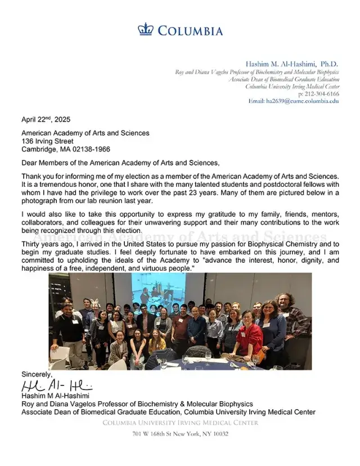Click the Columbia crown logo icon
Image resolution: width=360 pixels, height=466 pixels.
[145, 29]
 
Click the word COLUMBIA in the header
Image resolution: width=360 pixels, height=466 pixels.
[190, 31]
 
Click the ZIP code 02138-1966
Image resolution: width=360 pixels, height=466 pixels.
[91, 149]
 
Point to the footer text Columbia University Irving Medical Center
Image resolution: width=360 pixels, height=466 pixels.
[180, 423]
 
